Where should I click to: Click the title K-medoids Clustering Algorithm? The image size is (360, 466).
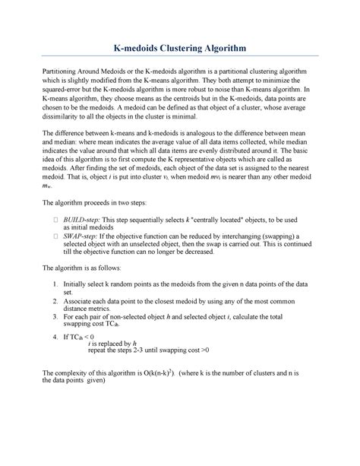(180, 48)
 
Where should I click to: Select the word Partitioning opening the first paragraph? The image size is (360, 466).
(64, 71)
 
